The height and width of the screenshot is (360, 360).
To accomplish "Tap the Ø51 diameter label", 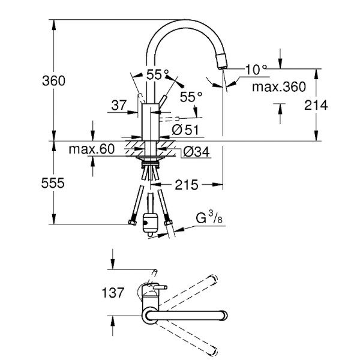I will coord(185,129).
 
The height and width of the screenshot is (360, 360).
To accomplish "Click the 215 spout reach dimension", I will coord(187,185).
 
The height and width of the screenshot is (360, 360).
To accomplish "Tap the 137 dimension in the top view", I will coord(112,293).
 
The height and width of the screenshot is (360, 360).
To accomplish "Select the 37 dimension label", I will coord(118,106).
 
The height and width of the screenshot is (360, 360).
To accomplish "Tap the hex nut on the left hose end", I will coord(132,224).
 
